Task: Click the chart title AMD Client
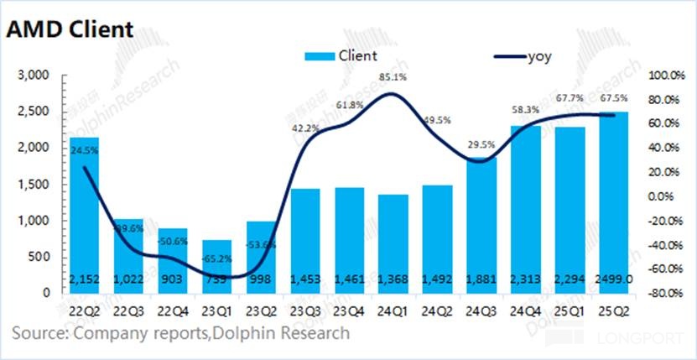click(x=70, y=29)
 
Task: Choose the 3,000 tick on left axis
click(x=36, y=76)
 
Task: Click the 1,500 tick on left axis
click(x=36, y=185)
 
